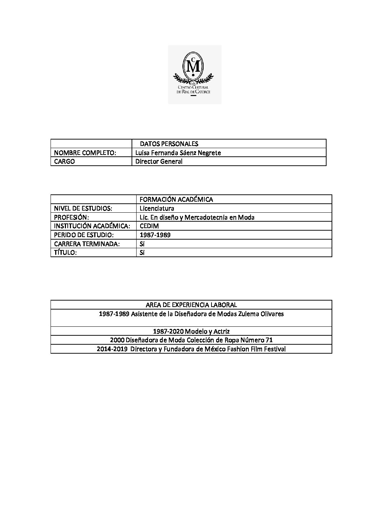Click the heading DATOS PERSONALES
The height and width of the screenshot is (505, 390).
[169, 144]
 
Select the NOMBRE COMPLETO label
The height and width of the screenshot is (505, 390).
[85, 153]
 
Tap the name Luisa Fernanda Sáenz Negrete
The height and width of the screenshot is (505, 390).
[178, 153]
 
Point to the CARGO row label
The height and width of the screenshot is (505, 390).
[65, 161]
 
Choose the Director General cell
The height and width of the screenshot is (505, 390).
[159, 161]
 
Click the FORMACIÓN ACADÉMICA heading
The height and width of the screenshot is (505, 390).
[176, 199]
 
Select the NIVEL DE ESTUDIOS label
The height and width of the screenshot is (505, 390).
[83, 208]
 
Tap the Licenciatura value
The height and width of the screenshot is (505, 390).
[157, 208]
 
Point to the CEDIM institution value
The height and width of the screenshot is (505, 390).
[149, 226]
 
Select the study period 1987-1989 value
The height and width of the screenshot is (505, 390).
[155, 235]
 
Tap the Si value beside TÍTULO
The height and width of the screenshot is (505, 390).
[142, 252]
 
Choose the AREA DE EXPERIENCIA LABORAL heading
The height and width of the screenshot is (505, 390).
[191, 305]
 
